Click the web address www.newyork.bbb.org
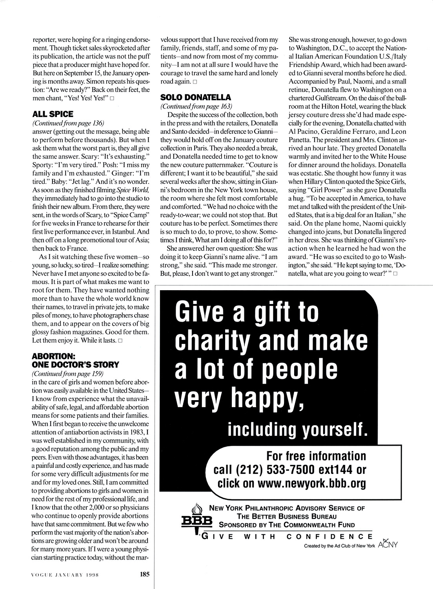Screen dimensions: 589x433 [312, 483]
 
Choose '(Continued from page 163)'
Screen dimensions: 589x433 [196, 106]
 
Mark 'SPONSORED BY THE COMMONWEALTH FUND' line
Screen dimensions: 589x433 [287, 525]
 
